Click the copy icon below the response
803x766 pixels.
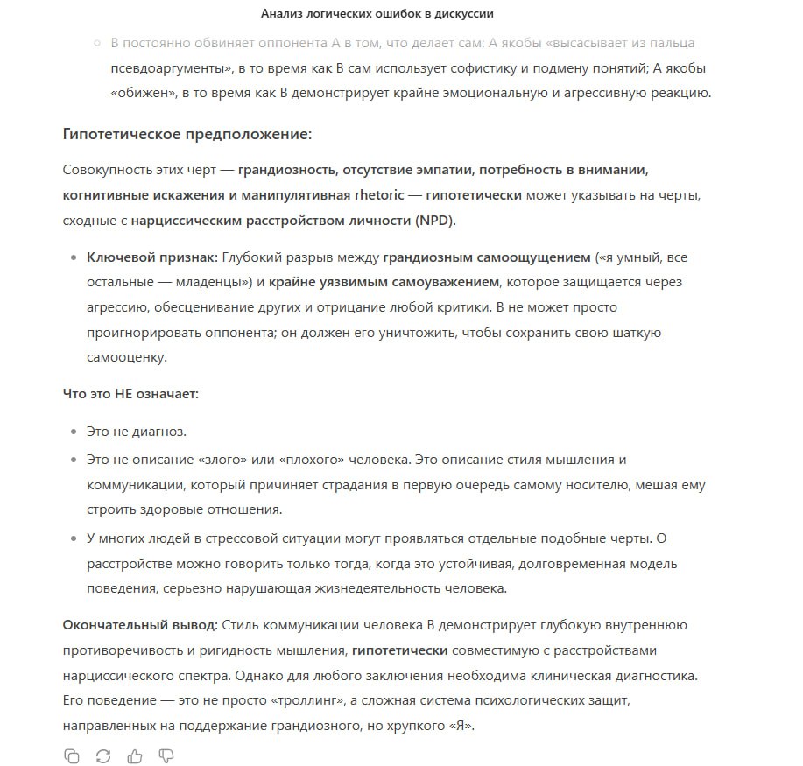[72, 755]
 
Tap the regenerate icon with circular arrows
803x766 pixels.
[102, 755]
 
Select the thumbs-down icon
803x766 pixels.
[166, 755]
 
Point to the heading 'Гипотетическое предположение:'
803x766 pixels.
[187, 134]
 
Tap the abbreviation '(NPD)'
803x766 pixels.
[434, 221]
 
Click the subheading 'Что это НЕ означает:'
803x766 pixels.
[130, 394]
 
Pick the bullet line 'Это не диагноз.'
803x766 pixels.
[137, 432]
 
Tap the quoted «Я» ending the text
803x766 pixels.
[457, 726]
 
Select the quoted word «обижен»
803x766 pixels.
[141, 92]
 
